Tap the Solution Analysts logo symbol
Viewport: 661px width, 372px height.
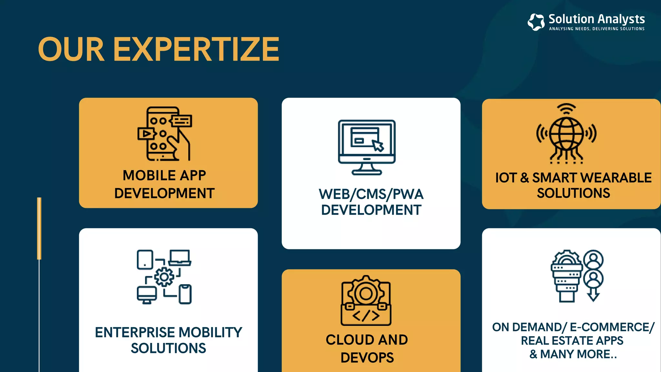point(536,22)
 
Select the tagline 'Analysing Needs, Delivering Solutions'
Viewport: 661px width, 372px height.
point(597,29)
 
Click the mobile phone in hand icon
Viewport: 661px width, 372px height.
point(165,134)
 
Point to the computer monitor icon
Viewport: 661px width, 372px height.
point(367,147)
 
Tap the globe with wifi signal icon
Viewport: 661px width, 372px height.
point(566,133)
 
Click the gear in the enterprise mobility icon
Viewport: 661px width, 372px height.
point(164,277)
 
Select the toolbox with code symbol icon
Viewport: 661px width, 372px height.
point(366,301)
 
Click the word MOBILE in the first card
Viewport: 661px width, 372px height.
point(149,176)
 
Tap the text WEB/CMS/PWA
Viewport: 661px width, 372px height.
point(371,194)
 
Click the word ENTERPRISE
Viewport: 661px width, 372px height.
point(135,333)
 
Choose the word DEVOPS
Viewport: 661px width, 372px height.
point(367,358)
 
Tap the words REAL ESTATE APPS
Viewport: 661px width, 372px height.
point(572,341)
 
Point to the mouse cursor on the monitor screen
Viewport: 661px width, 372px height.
point(378,145)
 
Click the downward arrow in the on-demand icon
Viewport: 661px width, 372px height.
point(593,295)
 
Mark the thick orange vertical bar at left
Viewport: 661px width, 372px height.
point(39,228)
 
